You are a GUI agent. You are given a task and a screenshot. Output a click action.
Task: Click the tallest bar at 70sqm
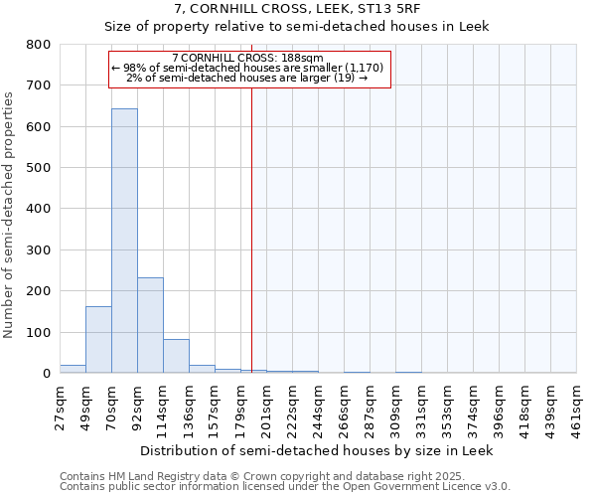click(124, 241)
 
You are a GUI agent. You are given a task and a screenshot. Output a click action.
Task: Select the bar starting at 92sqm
click(150, 325)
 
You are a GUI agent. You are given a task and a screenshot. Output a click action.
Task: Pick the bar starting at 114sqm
click(176, 356)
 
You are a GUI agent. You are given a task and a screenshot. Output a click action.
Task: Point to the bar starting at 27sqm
click(73, 369)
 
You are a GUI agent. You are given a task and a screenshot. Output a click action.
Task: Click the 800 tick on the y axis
click(39, 45)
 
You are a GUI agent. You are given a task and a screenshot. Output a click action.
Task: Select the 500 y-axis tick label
click(39, 168)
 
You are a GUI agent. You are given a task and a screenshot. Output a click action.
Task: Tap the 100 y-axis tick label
click(39, 332)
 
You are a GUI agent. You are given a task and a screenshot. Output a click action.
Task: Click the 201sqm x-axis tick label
click(266, 408)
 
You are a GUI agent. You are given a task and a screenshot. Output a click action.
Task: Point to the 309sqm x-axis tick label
click(395, 408)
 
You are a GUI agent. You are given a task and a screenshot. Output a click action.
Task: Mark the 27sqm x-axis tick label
click(60, 408)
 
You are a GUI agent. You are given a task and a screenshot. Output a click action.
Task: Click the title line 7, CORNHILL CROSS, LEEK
click(297, 9)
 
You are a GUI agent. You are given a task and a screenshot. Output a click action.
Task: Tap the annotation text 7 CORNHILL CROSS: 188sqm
click(247, 58)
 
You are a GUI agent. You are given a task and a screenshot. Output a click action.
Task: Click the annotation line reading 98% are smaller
click(247, 68)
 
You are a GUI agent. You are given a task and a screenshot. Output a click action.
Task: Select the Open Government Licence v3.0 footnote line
click(285, 487)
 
